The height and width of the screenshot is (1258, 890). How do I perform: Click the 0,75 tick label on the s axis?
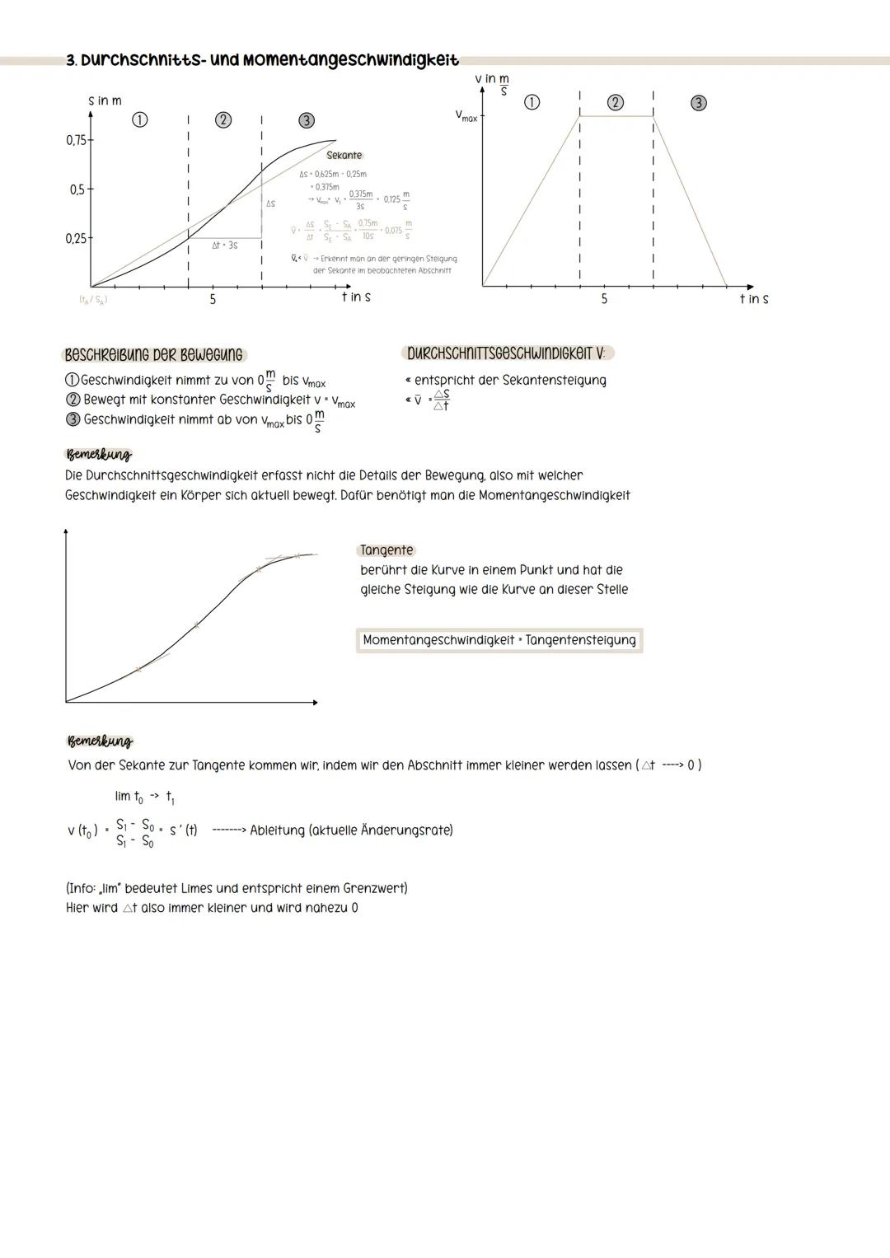point(76,140)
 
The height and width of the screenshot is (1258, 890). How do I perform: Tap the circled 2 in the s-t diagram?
point(222,120)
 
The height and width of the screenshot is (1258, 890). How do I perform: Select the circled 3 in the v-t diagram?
point(698,103)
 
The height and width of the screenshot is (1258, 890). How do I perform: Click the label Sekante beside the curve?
point(344,155)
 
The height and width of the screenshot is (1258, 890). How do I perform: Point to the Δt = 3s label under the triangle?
point(224,246)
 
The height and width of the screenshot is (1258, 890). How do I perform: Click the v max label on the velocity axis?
point(466,117)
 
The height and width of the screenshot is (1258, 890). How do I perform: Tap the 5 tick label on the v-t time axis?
point(604,299)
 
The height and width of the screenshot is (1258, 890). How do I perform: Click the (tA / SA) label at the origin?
point(92,300)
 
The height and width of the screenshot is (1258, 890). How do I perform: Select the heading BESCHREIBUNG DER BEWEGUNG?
point(154,355)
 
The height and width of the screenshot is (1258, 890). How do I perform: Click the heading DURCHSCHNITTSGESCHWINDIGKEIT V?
point(506,353)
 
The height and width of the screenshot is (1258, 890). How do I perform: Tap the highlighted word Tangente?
point(386,550)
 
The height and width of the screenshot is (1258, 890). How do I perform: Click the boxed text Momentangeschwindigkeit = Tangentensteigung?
point(499,640)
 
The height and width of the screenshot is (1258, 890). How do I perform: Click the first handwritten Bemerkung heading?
point(98,455)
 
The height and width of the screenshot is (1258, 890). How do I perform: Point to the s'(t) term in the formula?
point(183,830)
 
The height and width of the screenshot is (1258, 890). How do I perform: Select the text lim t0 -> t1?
point(144,797)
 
